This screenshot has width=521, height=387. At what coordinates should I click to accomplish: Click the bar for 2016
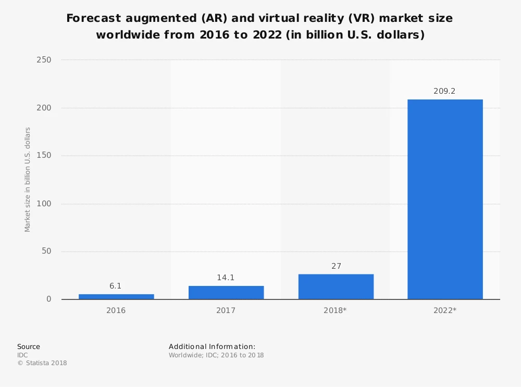coord(116,296)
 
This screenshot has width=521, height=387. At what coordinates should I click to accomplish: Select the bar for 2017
coord(226,292)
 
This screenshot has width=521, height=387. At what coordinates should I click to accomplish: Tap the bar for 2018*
coord(336,286)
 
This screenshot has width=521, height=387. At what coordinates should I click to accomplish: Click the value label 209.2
coord(444,91)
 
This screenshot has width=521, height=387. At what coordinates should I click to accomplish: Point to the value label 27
coord(336,266)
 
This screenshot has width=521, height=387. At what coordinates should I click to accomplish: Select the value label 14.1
coord(226,278)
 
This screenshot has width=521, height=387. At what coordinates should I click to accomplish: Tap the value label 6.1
coord(116,286)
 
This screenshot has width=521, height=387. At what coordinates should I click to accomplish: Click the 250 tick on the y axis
coord(44,60)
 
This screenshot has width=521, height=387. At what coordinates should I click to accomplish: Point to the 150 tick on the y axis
coord(44,156)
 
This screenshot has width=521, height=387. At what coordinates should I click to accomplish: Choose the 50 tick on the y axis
coord(46,252)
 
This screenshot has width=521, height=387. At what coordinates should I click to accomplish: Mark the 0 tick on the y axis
coord(49,299)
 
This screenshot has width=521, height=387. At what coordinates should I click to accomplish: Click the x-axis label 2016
coord(116,310)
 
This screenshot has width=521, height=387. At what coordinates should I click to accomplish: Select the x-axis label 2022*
coord(445,310)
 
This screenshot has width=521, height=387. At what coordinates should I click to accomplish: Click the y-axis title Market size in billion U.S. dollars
coord(28,180)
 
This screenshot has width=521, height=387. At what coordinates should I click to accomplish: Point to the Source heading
coord(29,346)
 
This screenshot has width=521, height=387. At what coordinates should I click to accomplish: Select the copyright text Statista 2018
coord(45,363)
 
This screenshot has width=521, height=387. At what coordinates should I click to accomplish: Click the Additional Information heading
coord(212,346)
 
